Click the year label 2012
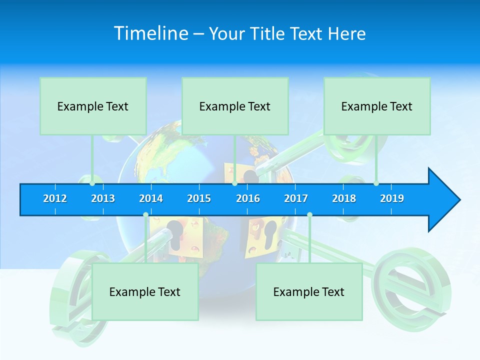(x=55, y=198)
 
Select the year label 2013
(x=103, y=198)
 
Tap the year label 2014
(x=151, y=198)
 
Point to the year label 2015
(x=199, y=198)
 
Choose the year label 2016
(x=248, y=198)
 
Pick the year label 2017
(x=296, y=198)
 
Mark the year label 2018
(x=344, y=198)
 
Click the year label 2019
(x=392, y=198)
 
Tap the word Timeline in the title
(x=151, y=33)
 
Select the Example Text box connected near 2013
(x=93, y=106)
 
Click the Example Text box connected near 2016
(x=235, y=106)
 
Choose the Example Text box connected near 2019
(x=377, y=106)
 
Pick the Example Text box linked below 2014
(x=145, y=291)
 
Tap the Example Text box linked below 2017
(x=309, y=291)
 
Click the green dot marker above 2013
(x=92, y=183)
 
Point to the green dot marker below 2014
(x=145, y=215)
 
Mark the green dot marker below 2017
(x=309, y=215)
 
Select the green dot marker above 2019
(x=376, y=183)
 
